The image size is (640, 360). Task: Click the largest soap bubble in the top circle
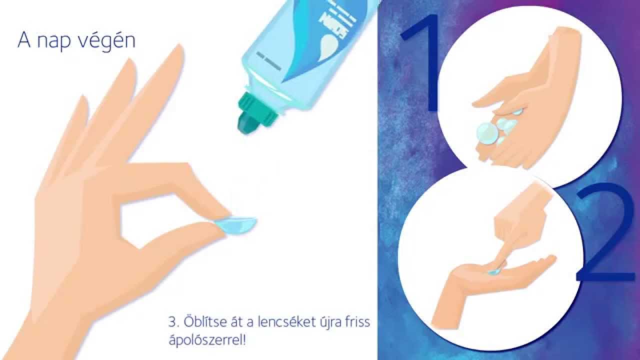487,133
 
